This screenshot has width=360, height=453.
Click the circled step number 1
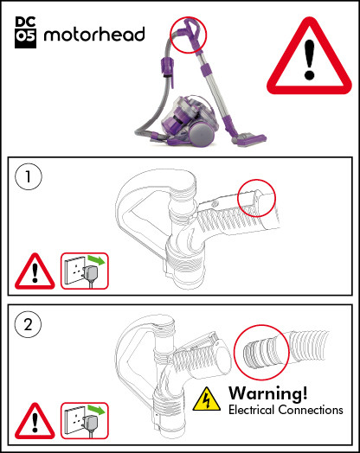pos(29,179)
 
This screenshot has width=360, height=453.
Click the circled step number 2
pos(29,327)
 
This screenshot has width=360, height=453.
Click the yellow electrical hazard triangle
pos(206,399)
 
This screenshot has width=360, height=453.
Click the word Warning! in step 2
pos(267,392)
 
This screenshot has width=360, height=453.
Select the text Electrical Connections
pos(285,410)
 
